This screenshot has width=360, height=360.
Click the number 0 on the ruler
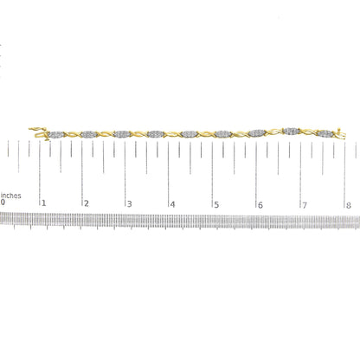click(3, 205)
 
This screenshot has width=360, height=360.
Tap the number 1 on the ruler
click(45, 205)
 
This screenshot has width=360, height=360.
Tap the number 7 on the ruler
click(304, 205)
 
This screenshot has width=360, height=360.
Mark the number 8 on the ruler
click(348, 205)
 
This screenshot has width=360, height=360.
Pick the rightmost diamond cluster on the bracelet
click(325, 134)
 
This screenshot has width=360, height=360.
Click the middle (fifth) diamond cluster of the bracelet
click(190, 134)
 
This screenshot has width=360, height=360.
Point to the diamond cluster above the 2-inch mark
click(90, 134)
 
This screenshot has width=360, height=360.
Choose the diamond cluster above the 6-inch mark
click(257, 134)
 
